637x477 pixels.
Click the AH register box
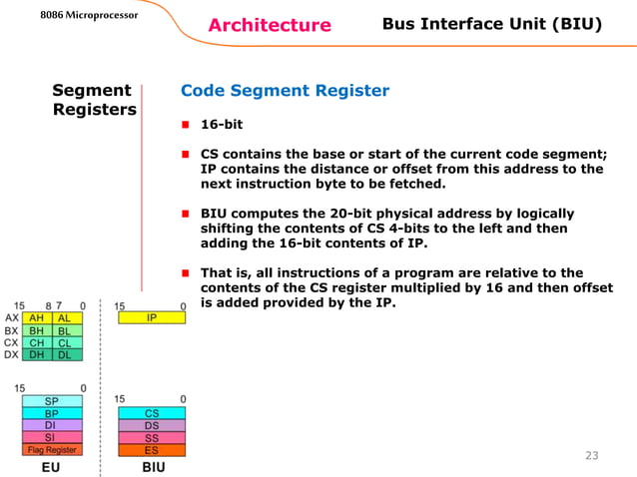click(x=37, y=317)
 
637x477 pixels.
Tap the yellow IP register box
click(x=151, y=317)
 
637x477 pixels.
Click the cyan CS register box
click(x=151, y=412)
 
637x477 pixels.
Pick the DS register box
click(x=151, y=425)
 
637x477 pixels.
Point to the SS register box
click(x=151, y=437)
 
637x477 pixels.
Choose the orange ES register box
click(x=151, y=450)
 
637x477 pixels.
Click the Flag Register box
click(x=52, y=450)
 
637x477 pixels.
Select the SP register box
click(x=52, y=401)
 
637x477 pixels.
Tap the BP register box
click(x=52, y=413)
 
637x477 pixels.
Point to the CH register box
click(x=37, y=342)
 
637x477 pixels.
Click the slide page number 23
click(x=591, y=456)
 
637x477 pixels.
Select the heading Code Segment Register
click(x=285, y=92)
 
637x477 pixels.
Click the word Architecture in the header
click(x=270, y=25)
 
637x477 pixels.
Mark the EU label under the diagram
click(x=51, y=466)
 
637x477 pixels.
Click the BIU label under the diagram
click(x=153, y=466)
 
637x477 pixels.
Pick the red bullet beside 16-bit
click(x=186, y=127)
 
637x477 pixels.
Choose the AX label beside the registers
click(x=12, y=317)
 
